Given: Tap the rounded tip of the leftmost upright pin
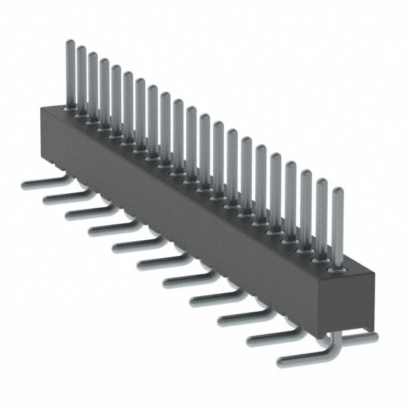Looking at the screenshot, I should click(70, 43).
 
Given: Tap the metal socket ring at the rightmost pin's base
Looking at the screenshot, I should click(337, 270).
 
